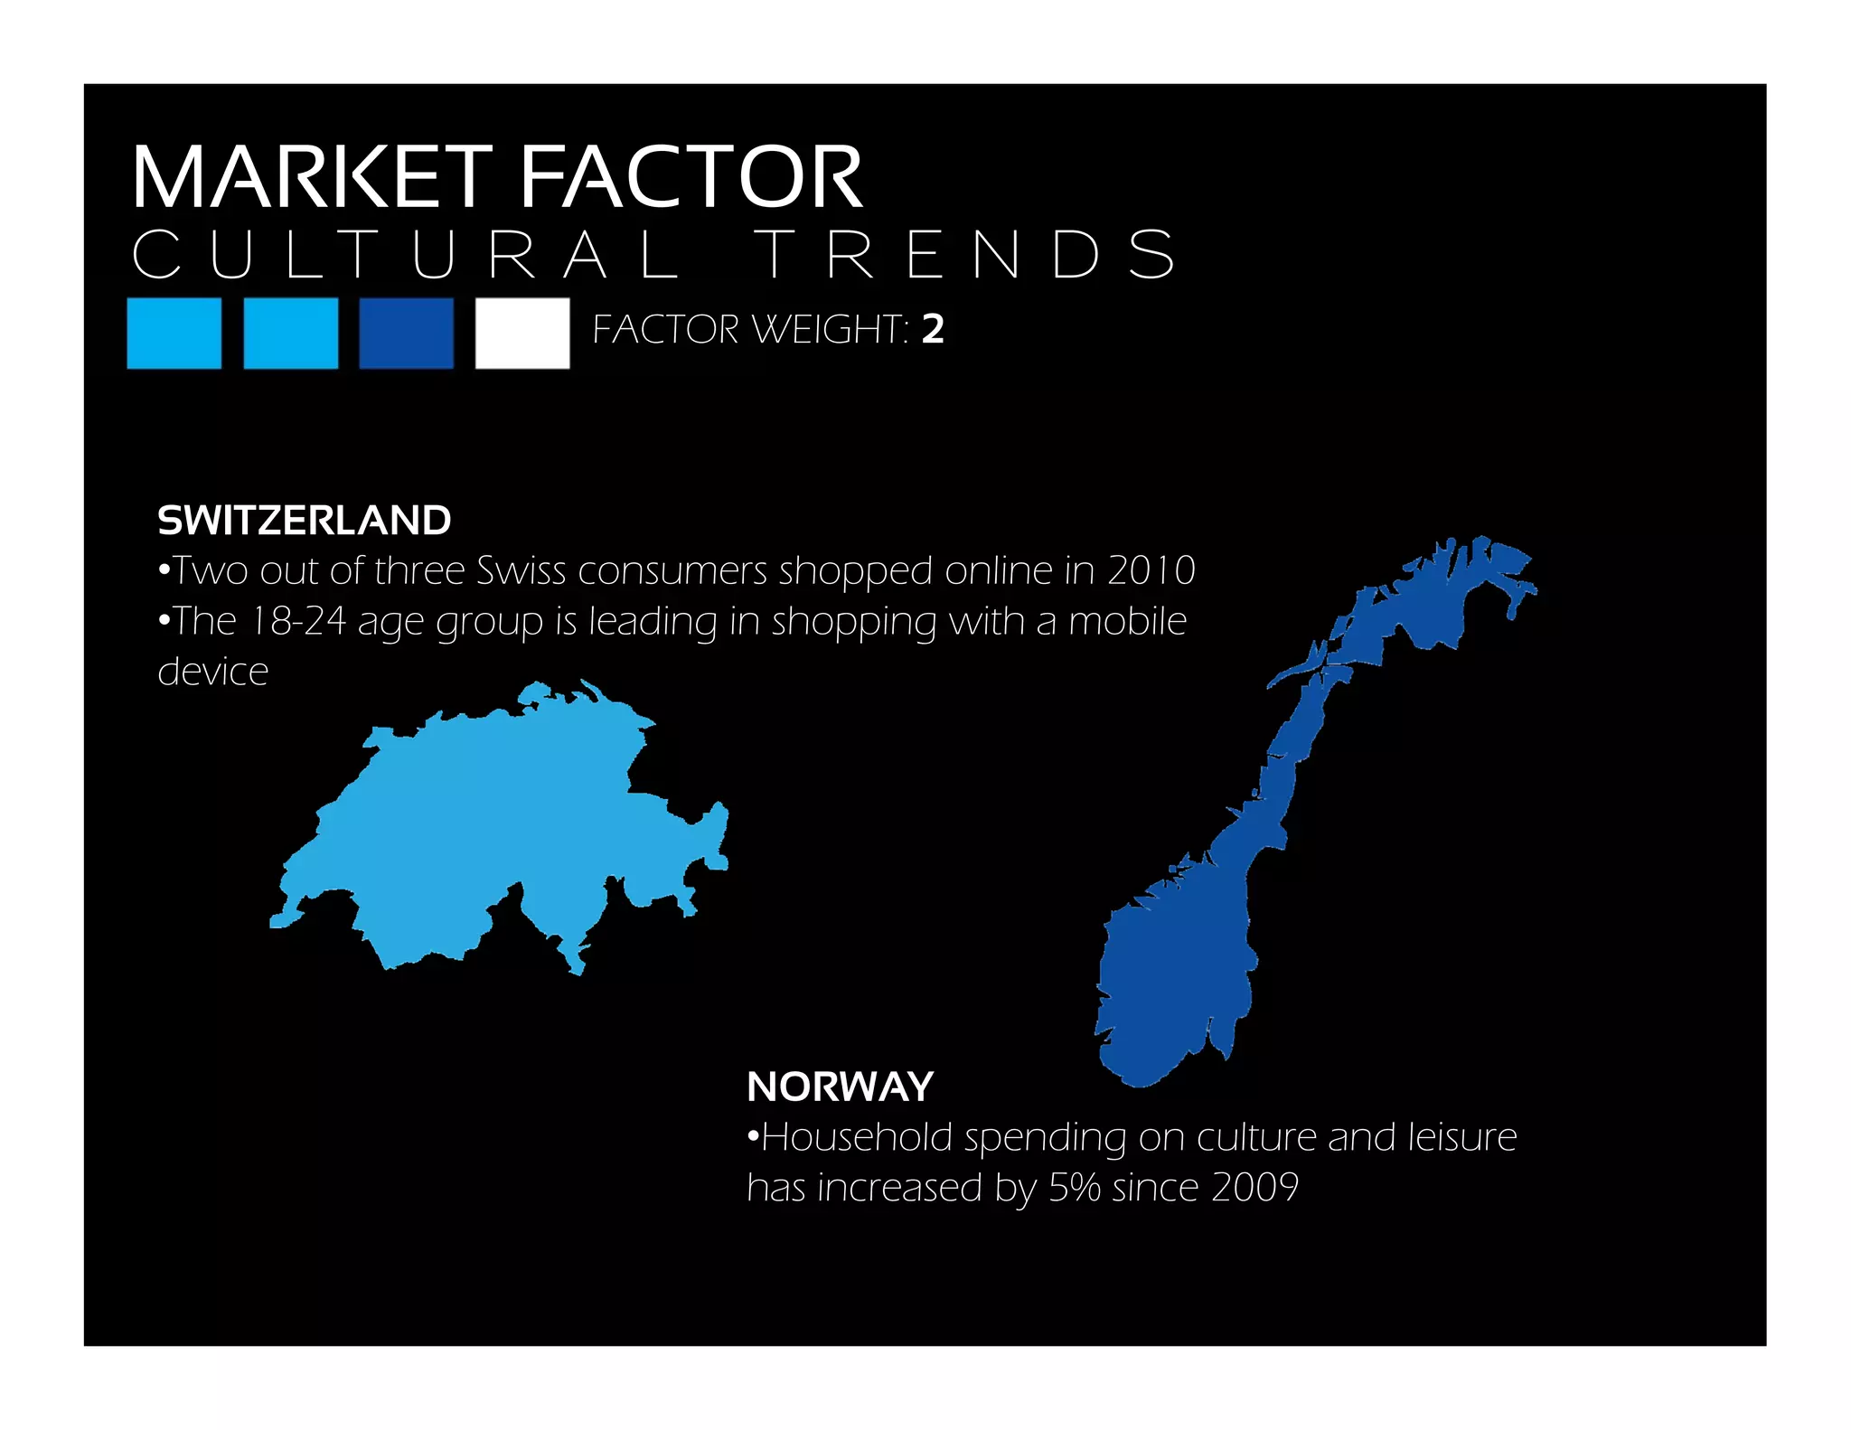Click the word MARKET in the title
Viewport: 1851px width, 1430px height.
point(312,177)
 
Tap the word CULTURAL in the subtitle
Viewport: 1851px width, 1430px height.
point(407,255)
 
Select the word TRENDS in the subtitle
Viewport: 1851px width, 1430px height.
point(965,255)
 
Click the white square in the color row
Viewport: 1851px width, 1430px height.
point(522,333)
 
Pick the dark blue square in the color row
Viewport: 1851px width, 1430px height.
point(406,333)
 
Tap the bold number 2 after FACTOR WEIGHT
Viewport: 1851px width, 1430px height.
point(933,330)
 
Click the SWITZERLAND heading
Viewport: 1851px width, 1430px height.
point(304,521)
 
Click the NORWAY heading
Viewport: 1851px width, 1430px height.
point(840,1087)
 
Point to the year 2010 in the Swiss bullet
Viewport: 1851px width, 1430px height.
point(1151,570)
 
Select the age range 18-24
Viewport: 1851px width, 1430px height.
point(298,622)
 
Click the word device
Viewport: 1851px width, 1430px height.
point(213,673)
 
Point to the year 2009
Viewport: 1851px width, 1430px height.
point(1254,1188)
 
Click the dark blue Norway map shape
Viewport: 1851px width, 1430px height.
point(1175,976)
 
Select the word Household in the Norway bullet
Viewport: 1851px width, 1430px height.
point(857,1137)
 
